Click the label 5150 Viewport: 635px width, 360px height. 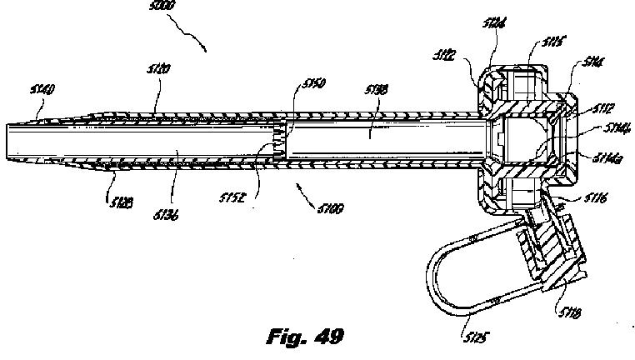coord(313,83)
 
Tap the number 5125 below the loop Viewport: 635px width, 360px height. coord(473,337)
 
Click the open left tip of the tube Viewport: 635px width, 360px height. coord(7,142)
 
